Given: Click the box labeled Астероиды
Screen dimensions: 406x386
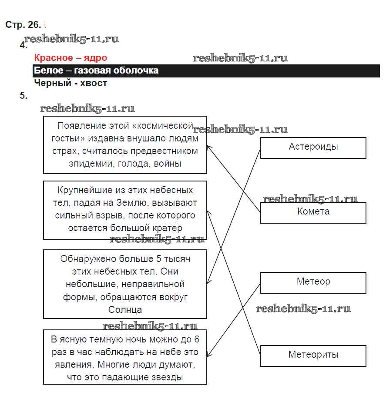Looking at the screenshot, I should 313,148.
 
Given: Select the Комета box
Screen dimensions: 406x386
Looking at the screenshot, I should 313,212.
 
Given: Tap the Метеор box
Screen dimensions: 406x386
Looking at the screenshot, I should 313,282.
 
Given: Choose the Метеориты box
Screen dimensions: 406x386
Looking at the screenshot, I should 313,355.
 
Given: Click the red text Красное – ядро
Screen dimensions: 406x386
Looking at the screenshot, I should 70,58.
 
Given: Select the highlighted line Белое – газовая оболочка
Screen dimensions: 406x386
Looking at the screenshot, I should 96,70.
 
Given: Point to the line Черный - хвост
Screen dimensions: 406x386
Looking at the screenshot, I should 70,83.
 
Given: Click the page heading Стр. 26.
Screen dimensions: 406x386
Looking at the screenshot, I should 23,25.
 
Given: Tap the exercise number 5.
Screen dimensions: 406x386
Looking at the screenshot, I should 23,96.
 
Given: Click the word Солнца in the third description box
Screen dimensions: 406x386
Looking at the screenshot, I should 125,310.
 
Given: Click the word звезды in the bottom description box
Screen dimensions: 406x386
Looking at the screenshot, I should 168,377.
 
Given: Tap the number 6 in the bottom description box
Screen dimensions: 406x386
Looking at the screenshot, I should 196,339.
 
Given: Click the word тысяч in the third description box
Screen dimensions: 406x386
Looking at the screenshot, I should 178,259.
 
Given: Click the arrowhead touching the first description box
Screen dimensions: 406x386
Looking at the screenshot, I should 208,148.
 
